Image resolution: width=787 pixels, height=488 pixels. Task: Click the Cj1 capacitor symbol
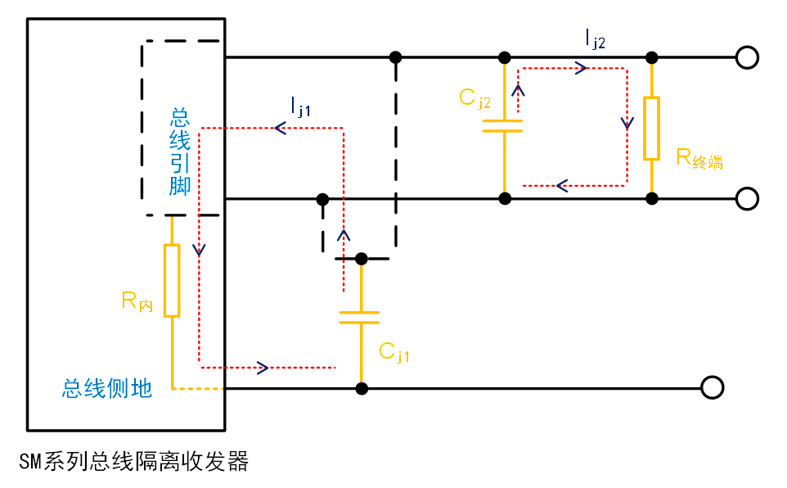click(360, 317)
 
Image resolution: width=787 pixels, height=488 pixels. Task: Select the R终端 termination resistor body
click(651, 128)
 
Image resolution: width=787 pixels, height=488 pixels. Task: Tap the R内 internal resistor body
click(172, 280)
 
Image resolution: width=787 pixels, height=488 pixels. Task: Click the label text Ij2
click(595, 38)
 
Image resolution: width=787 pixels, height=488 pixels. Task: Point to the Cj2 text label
click(474, 99)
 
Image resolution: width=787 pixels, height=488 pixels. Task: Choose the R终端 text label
click(699, 159)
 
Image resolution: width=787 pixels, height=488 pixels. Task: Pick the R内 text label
click(137, 301)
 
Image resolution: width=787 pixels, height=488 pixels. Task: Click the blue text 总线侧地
click(107, 388)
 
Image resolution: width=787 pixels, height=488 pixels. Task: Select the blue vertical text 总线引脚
click(180, 151)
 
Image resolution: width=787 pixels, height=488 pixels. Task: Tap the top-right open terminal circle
click(747, 57)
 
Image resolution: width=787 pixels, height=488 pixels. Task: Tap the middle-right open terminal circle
click(747, 198)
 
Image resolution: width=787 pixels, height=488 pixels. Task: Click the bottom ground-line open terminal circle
click(713, 387)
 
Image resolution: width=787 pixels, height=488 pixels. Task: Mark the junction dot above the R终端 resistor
click(651, 57)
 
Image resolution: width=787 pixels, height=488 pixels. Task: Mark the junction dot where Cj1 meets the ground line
click(361, 387)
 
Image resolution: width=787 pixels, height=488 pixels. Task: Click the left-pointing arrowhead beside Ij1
click(280, 128)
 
